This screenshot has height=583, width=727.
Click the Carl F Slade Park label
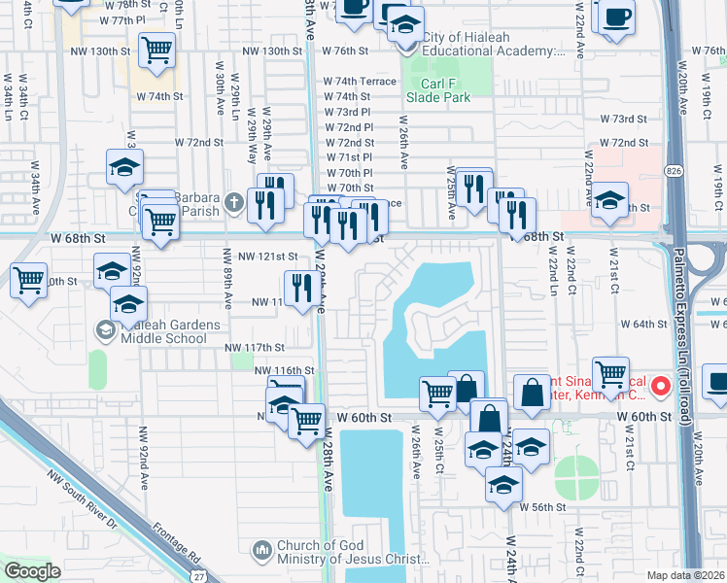pyautogui.click(x=437, y=88)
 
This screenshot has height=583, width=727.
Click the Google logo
pyautogui.click(x=33, y=571)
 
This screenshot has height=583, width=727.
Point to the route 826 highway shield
pyautogui.click(x=674, y=170)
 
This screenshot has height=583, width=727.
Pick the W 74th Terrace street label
pyautogui.click(x=360, y=82)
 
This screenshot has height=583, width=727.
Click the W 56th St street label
pyautogui.click(x=542, y=507)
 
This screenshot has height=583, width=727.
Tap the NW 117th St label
pyautogui.click(x=255, y=347)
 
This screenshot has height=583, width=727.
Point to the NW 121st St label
pyautogui.click(x=268, y=257)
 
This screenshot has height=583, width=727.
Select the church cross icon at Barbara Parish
pyautogui.click(x=230, y=202)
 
